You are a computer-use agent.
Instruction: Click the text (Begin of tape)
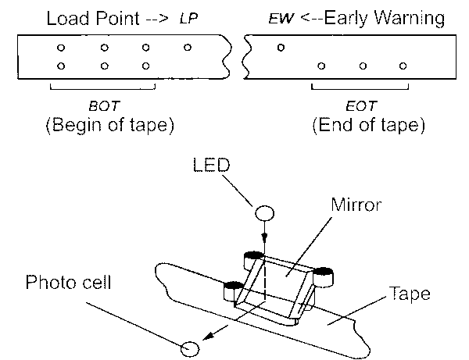[103, 123]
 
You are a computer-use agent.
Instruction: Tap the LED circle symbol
[264, 213]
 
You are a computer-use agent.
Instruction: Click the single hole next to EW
[281, 48]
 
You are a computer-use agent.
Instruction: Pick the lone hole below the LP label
[188, 48]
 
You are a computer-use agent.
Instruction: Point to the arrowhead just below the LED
[264, 241]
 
